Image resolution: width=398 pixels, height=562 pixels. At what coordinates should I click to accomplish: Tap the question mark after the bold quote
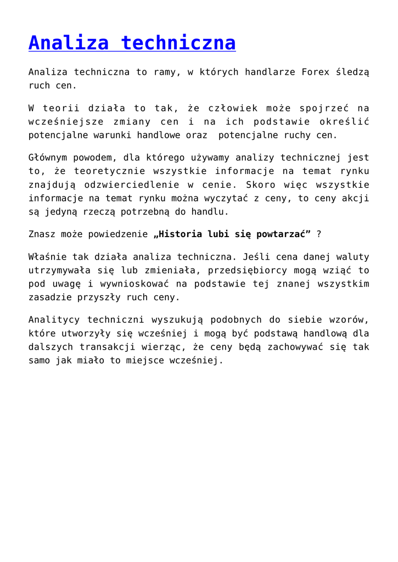pyautogui.click(x=319, y=234)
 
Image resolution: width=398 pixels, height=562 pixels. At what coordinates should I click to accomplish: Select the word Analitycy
pyautogui.click(x=53, y=320)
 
